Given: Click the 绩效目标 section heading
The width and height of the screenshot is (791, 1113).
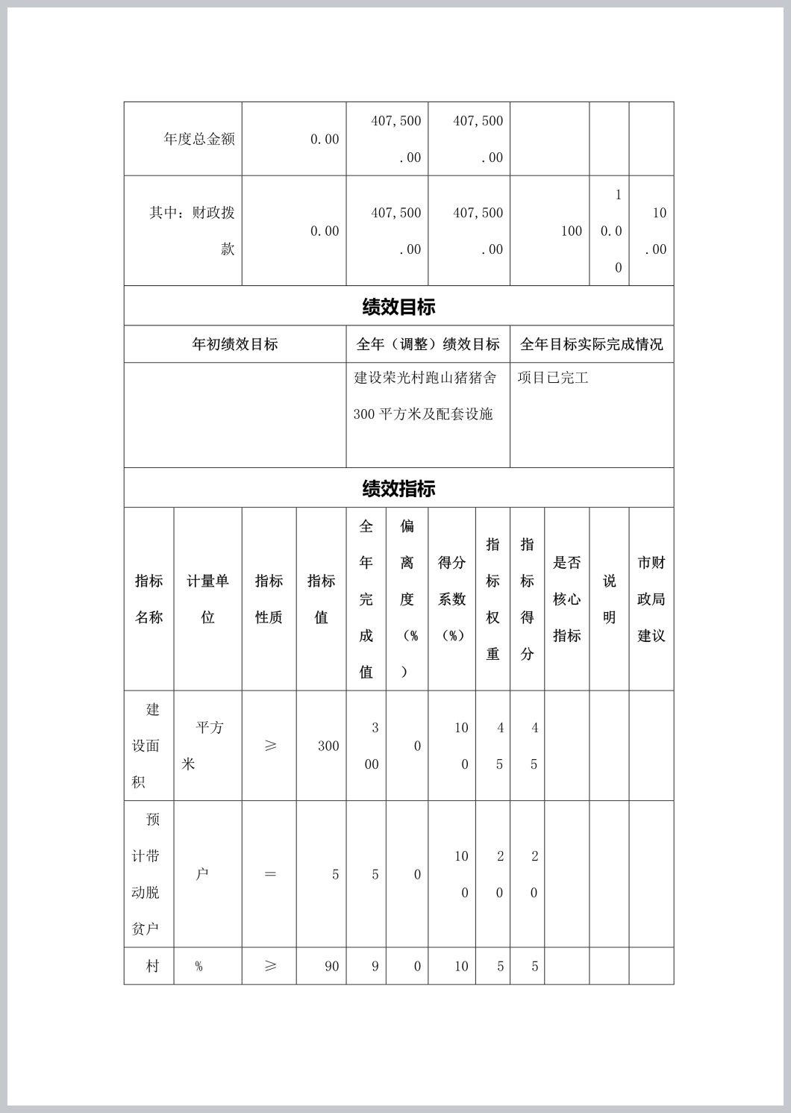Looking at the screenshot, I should point(398,307).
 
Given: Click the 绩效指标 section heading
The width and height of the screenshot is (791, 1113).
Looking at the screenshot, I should point(398,489).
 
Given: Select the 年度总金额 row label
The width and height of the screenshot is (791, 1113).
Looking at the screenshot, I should point(199,139).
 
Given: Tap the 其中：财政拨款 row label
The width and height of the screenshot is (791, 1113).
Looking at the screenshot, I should point(192,231).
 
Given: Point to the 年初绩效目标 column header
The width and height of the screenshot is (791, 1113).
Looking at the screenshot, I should point(235,344).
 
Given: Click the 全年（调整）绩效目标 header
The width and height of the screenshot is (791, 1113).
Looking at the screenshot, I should point(428,344).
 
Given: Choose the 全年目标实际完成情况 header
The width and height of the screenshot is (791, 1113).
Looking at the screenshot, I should point(591,344).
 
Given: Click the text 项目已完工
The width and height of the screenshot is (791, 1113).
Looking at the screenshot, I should point(553,378).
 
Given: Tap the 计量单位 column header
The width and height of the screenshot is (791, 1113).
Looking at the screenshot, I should point(207,599).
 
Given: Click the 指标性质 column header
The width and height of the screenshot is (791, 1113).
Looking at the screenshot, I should point(269,599).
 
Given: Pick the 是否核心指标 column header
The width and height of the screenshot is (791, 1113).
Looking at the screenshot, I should point(566,599).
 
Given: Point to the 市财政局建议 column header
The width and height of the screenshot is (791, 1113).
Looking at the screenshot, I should point(651,599).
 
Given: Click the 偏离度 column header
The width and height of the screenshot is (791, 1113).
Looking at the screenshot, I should point(407,599).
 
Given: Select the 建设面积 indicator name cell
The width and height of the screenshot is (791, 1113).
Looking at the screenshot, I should point(147,746).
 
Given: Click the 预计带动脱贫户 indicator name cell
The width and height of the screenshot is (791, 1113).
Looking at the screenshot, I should point(147,874).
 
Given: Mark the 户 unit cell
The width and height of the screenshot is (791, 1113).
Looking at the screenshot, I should point(201,874).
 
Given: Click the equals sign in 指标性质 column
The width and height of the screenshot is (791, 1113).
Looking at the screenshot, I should point(270,874).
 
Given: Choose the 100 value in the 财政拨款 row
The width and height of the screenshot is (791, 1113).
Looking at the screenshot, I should point(571,231).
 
